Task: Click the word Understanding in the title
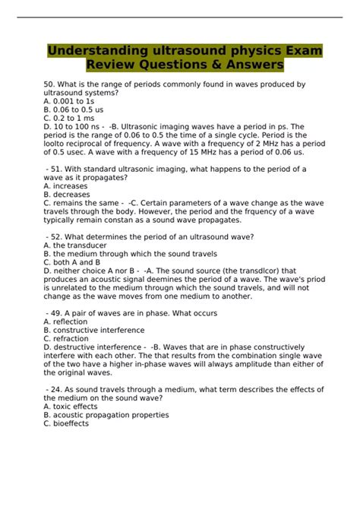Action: [93, 51]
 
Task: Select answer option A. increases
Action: [66, 185]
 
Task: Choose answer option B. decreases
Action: [68, 195]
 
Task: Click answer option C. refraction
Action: [68, 339]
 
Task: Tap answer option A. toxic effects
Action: [73, 407]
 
